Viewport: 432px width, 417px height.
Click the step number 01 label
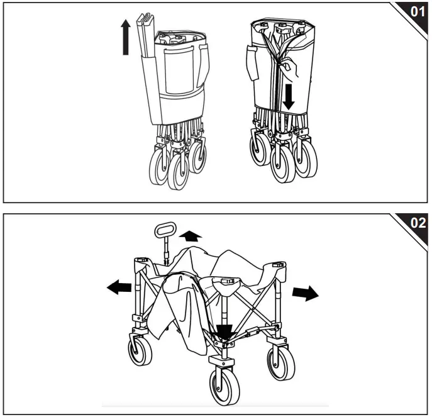tap(416, 12)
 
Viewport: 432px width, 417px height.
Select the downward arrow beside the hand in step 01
tap(288, 94)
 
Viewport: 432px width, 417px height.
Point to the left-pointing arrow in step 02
tap(119, 287)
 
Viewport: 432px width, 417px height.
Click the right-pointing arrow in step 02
tap(306, 294)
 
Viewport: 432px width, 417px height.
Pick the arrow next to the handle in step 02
tap(189, 236)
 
